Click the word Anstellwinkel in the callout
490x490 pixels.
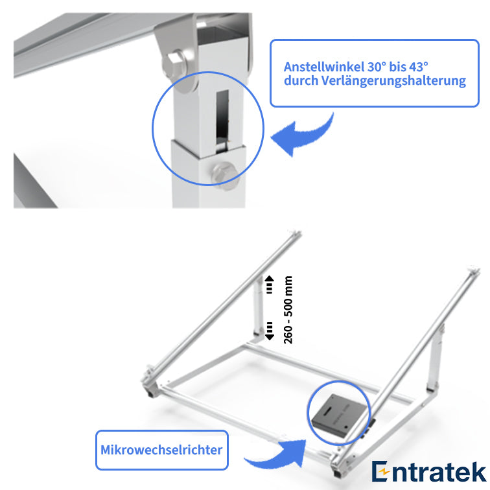pyautogui.click(x=324, y=67)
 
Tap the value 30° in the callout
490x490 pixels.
pyautogui.click(x=377, y=67)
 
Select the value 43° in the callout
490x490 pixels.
pyautogui.click(x=419, y=67)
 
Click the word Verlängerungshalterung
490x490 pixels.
pyautogui.click(x=393, y=80)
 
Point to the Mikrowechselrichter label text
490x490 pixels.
pyautogui.click(x=161, y=450)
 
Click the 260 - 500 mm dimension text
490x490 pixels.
pyautogui.click(x=288, y=310)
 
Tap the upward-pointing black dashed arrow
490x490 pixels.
pyautogui.click(x=269, y=285)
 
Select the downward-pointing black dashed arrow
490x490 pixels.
pyautogui.click(x=269, y=331)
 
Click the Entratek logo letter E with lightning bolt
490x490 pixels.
pyautogui.click(x=380, y=471)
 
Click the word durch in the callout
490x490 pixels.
pyautogui.click(x=301, y=80)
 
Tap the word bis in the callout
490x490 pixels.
pyautogui.click(x=397, y=67)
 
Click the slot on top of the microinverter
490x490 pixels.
pyautogui.click(x=329, y=410)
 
